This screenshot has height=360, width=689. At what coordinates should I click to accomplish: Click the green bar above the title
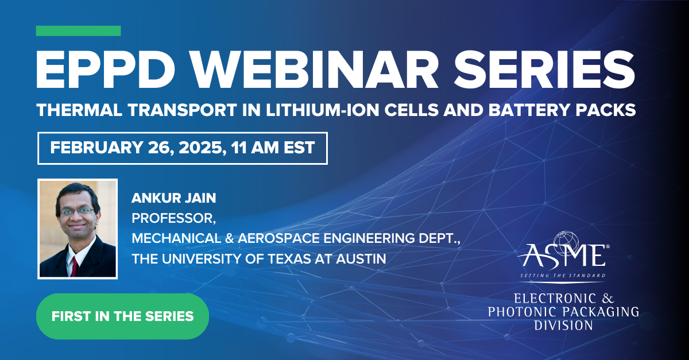(x=78, y=31)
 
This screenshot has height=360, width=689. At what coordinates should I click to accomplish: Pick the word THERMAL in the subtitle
(x=73, y=111)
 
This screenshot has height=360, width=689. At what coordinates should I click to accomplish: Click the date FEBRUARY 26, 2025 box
(x=183, y=148)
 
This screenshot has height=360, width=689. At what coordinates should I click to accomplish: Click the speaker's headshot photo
(x=78, y=229)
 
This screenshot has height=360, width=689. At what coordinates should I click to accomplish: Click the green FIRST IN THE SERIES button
(x=122, y=316)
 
